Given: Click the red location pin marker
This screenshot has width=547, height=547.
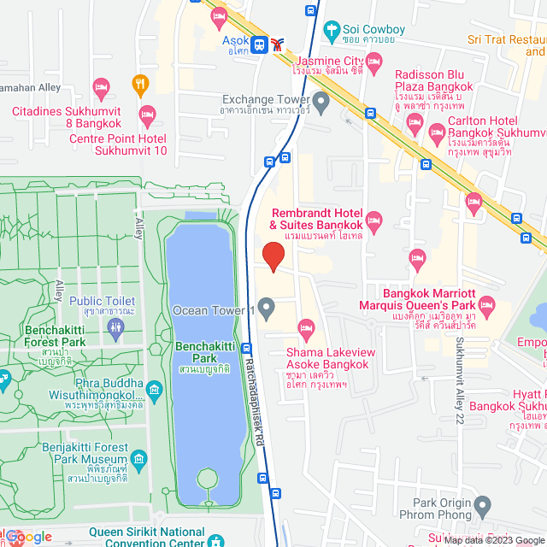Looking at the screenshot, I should coord(273,256).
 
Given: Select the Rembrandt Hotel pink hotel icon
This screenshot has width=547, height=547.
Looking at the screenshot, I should coord(373,219).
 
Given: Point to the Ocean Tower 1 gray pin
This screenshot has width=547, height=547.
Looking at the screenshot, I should coord(266,307).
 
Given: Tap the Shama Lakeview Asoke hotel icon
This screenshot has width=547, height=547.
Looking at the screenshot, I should coord(306,328).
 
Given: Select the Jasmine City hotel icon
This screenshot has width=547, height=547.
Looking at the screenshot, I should coord(373,62).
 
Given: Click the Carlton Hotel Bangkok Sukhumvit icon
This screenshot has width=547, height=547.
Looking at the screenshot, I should coord(437,132).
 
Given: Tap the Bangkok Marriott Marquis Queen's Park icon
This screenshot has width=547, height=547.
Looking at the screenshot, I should coord(486,305).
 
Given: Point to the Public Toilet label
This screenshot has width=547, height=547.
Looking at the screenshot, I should coord(102,301).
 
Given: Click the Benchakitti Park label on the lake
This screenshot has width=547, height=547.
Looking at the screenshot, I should coord(197,352).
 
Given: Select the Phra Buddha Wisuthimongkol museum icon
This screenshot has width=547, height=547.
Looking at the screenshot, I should coord(155,391).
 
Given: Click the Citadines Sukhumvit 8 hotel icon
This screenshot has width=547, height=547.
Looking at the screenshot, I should coord(147,113).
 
